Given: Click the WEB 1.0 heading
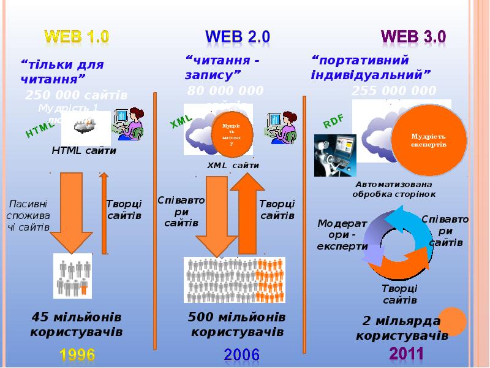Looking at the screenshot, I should [x=76, y=36].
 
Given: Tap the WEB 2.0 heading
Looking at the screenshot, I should [x=238, y=36].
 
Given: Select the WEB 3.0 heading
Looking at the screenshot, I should [x=413, y=36].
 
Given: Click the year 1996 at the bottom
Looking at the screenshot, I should [x=77, y=354].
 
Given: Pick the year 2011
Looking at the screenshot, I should [x=407, y=354].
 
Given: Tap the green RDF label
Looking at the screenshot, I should [x=333, y=121].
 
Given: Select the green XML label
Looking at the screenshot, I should [x=181, y=120].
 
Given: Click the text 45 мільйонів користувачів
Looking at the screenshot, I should [x=77, y=324].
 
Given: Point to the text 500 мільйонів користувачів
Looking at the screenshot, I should [x=237, y=324].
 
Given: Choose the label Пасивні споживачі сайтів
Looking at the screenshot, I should [x=28, y=215].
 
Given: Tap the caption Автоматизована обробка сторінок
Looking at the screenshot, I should [x=394, y=189].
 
